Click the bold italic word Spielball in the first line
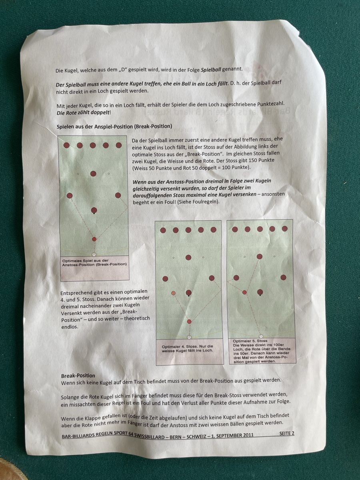click(x=211, y=70)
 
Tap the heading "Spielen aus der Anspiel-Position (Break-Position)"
click(x=114, y=126)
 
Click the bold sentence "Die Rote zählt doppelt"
click(x=83, y=113)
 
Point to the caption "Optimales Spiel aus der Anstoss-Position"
click(x=94, y=262)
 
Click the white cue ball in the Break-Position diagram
click(x=94, y=254)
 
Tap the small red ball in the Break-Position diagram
click(x=94, y=239)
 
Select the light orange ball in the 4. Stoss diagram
click(x=173, y=293)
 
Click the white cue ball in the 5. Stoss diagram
click(x=261, y=336)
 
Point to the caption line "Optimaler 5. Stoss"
click(x=250, y=341)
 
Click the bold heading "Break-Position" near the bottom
click(x=78, y=376)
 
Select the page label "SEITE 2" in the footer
click(x=286, y=434)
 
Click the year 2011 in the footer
click(x=248, y=435)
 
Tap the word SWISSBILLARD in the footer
click(x=150, y=436)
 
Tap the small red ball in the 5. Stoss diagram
click(x=244, y=292)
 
